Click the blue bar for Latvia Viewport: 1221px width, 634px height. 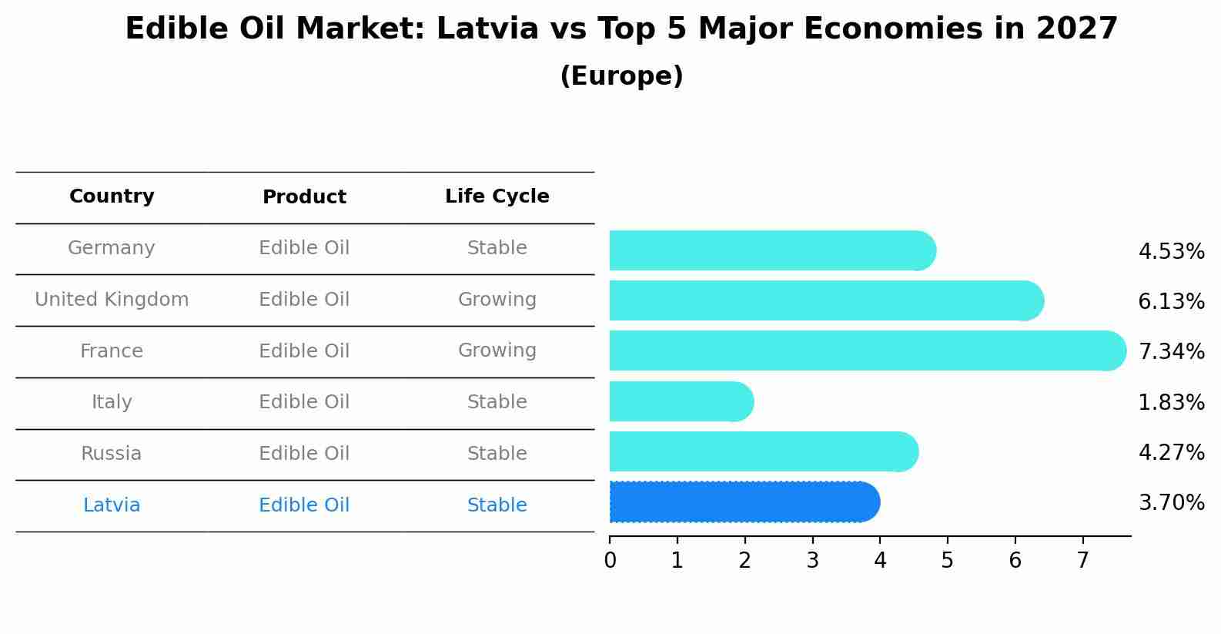[744, 502]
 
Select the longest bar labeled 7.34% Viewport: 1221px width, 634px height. [867, 351]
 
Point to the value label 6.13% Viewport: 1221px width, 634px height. [1171, 301]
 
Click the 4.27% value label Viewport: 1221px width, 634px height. [1171, 452]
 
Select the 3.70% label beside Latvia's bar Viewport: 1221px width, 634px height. [1171, 503]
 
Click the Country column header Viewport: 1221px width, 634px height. [112, 196]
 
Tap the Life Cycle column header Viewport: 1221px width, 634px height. [497, 196]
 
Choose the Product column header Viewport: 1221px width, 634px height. [304, 197]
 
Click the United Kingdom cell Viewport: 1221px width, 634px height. [112, 300]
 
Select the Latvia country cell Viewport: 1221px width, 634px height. [112, 505]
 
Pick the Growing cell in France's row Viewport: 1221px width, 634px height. [497, 351]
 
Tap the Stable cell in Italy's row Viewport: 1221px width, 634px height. [497, 402]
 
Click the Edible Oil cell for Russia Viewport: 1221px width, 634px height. [304, 454]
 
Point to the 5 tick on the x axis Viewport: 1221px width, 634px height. [948, 561]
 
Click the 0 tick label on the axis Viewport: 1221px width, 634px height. [610, 561]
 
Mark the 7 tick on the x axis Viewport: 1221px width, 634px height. [1082, 561]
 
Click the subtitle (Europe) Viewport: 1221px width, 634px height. [621, 76]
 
